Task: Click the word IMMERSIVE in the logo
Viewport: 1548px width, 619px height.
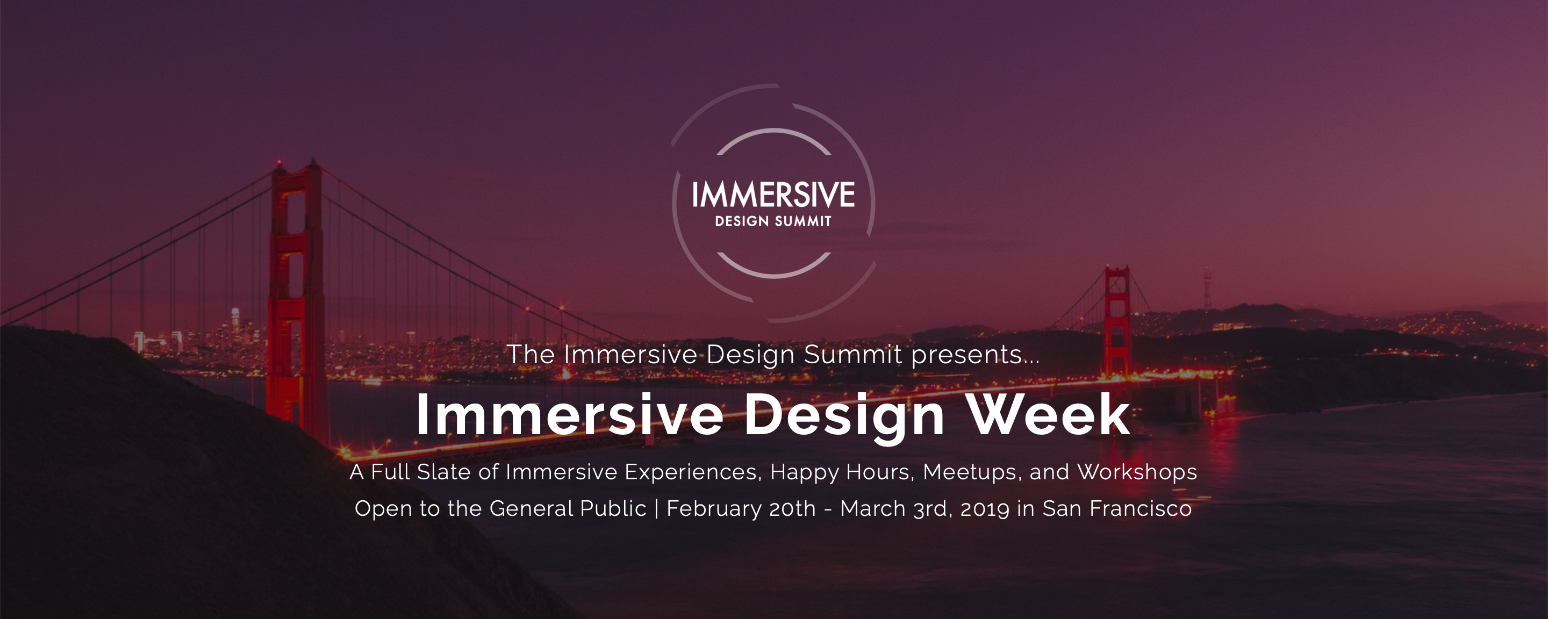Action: [773, 195]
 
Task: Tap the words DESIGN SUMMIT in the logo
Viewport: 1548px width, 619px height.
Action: [773, 221]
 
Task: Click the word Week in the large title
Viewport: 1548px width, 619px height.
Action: [1049, 415]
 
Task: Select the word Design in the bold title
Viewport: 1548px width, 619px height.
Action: [844, 416]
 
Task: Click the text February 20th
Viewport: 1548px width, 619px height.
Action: [741, 508]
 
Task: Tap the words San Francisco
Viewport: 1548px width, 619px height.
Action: [1116, 508]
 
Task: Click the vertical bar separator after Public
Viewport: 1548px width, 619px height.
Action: [656, 508]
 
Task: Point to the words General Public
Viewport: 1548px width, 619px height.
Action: [568, 508]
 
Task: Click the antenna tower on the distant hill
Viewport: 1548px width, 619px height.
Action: [1207, 289]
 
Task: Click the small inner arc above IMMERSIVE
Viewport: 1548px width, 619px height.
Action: [774, 135]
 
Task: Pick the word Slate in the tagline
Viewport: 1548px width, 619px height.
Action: [443, 472]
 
